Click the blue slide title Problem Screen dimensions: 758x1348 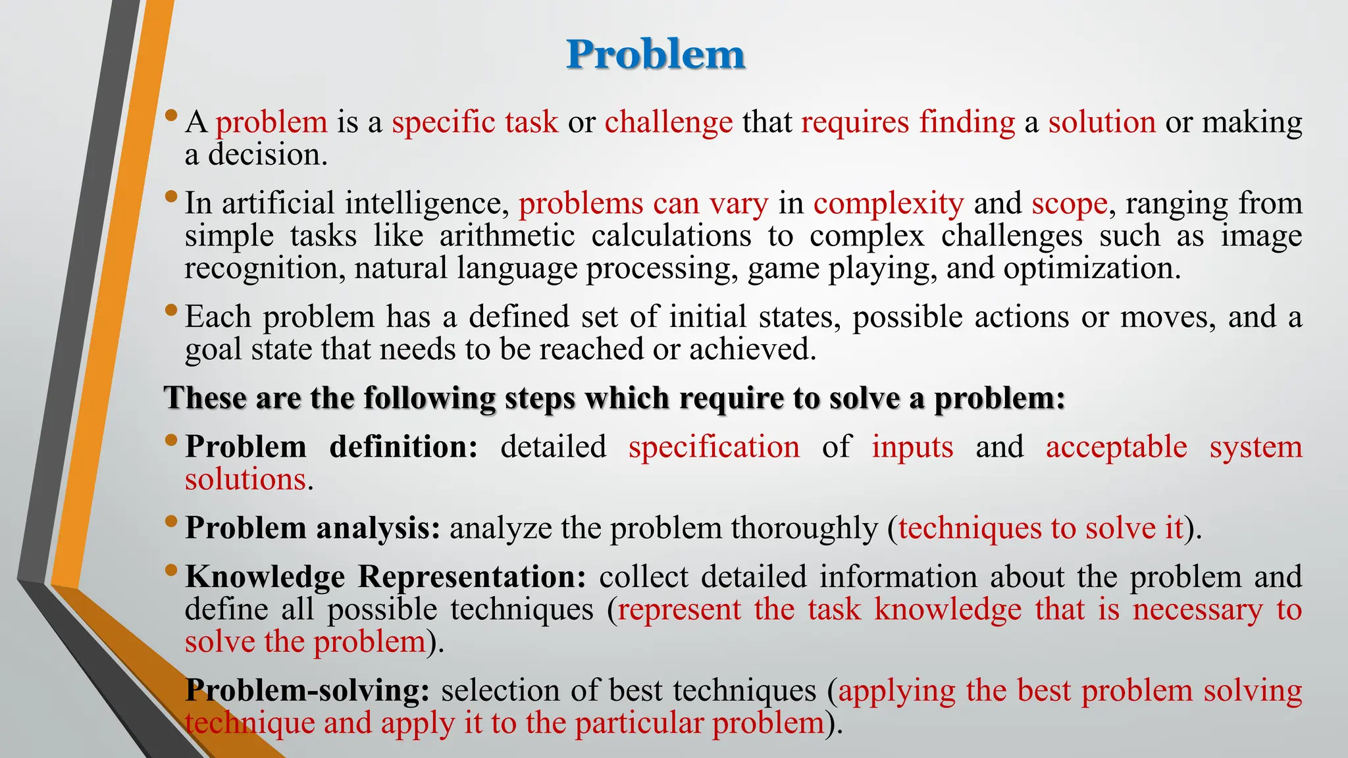[x=656, y=54]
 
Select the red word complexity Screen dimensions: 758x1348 [x=888, y=203]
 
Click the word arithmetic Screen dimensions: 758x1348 [x=507, y=236]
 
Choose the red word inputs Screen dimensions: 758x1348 [x=912, y=447]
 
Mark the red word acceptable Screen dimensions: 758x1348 [x=1116, y=447]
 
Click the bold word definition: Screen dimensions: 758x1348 [x=403, y=447]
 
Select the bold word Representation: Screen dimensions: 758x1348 [x=471, y=576]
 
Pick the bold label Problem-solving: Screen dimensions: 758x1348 [x=308, y=691]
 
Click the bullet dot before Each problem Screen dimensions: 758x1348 [x=171, y=309]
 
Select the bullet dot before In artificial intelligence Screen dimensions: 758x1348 [x=171, y=195]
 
